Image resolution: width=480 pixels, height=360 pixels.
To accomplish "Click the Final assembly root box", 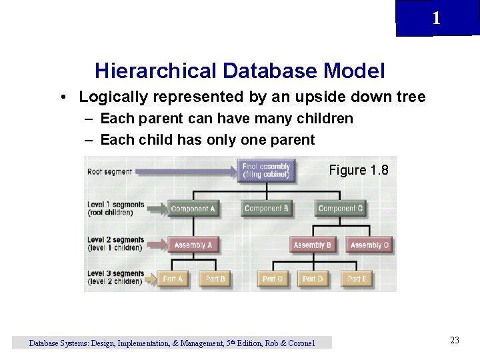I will point(266,170).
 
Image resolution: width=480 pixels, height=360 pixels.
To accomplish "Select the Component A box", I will point(193,209).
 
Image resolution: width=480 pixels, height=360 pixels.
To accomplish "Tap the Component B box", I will point(266,209).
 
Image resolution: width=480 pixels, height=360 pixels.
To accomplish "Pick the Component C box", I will point(340,209).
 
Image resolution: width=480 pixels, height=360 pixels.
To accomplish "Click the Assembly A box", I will point(193,245).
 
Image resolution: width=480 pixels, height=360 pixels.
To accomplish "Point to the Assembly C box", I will point(369,245).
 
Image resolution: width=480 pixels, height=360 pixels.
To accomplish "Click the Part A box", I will point(173,279).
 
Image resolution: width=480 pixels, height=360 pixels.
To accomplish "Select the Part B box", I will point(215,279).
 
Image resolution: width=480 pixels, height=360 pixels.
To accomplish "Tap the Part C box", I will point(273,279).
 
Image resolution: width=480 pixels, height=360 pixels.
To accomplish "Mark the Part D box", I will point(313,279).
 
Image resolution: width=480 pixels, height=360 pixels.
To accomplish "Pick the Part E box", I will point(357,279).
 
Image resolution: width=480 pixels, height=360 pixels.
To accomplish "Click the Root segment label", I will point(109,172).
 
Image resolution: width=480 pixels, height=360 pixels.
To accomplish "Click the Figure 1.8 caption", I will point(358,170).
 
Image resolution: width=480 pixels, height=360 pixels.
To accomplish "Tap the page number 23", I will point(455,341).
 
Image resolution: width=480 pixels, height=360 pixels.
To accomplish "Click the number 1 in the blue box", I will point(436,19).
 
